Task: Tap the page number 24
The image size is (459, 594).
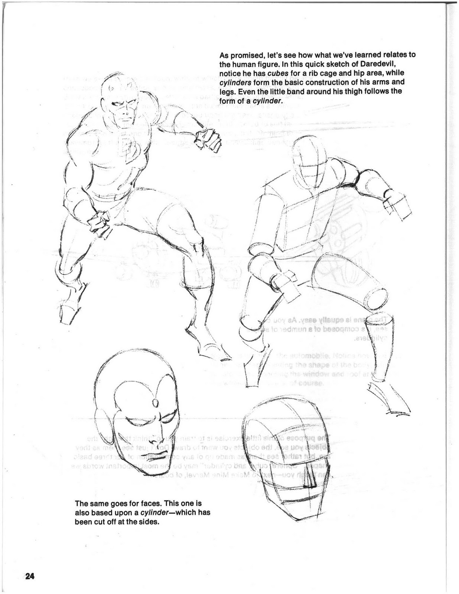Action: (30, 577)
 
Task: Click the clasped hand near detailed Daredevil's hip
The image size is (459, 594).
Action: (98, 223)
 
